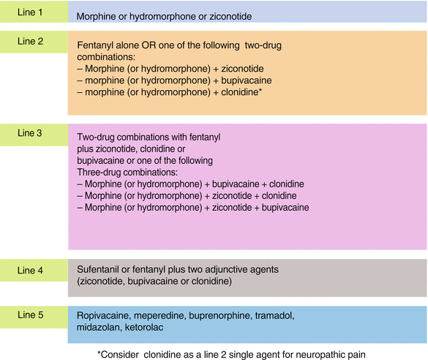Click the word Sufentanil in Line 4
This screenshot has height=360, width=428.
(x=100, y=270)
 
